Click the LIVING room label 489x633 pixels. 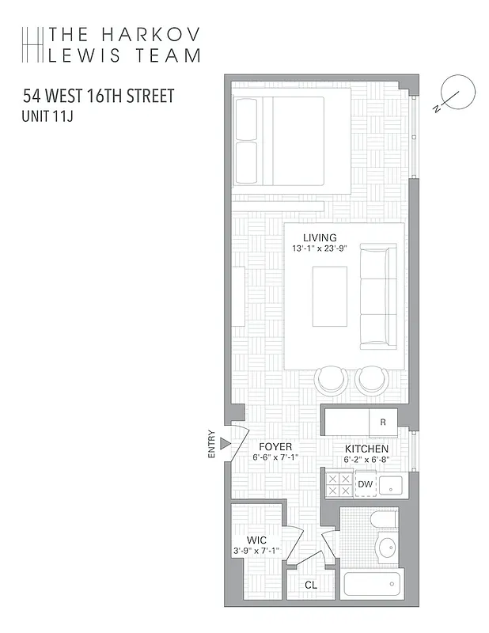coord(320,237)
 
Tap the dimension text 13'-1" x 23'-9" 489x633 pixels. coord(320,248)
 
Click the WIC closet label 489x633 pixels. coord(256,540)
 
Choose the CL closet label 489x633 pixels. coord(311,586)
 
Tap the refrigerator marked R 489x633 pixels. coord(383,422)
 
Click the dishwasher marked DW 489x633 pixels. coord(365,484)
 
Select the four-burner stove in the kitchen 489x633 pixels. coord(339,484)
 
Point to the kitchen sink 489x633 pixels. coord(390,485)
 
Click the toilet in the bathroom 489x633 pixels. coord(385,521)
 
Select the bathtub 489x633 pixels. coord(372,586)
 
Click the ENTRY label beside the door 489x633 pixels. coord(211,444)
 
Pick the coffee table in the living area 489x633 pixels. coord(329,297)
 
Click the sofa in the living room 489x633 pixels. coord(378,297)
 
